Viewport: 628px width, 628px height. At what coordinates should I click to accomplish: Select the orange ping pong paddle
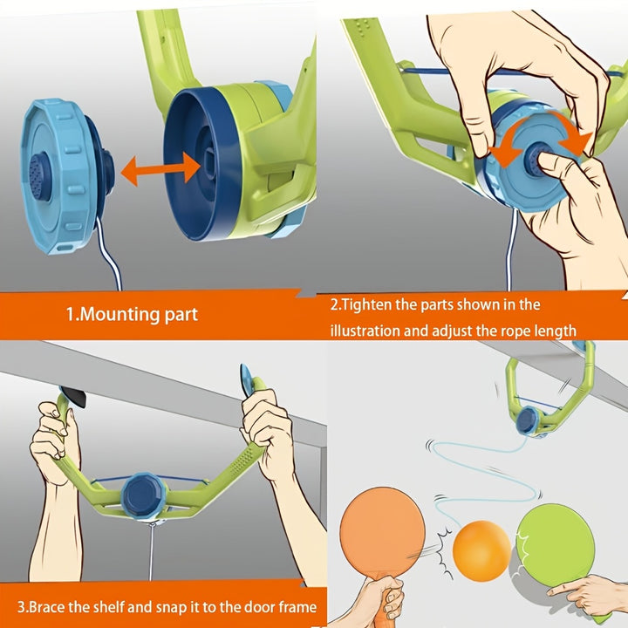point(381,532)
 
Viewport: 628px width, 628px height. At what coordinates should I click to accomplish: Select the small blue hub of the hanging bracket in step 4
point(527,420)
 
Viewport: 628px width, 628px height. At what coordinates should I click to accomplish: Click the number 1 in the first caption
point(72,314)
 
